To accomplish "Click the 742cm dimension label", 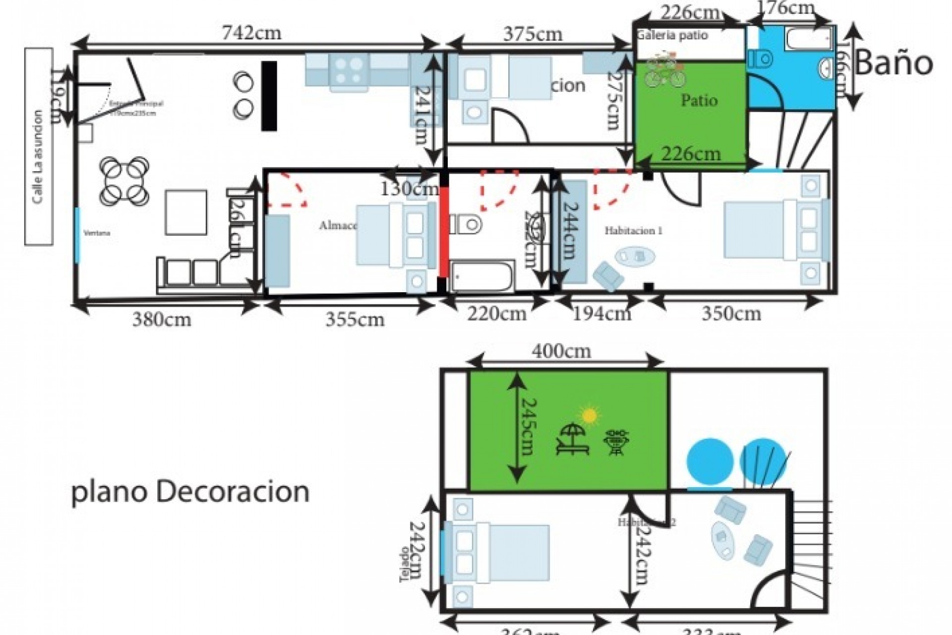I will click(x=251, y=33).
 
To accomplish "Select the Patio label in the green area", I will click(x=699, y=100).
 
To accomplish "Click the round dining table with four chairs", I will click(x=124, y=181).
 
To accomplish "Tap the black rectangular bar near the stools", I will click(x=269, y=95).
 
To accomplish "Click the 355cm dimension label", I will click(x=355, y=319).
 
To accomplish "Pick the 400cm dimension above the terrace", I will click(x=561, y=351).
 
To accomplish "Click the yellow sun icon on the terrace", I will click(x=589, y=415).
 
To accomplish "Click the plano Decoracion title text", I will click(x=190, y=492).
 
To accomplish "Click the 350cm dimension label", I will click(x=731, y=314).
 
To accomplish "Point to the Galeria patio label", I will click(x=672, y=35).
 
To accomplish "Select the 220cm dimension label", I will click(x=496, y=314).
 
